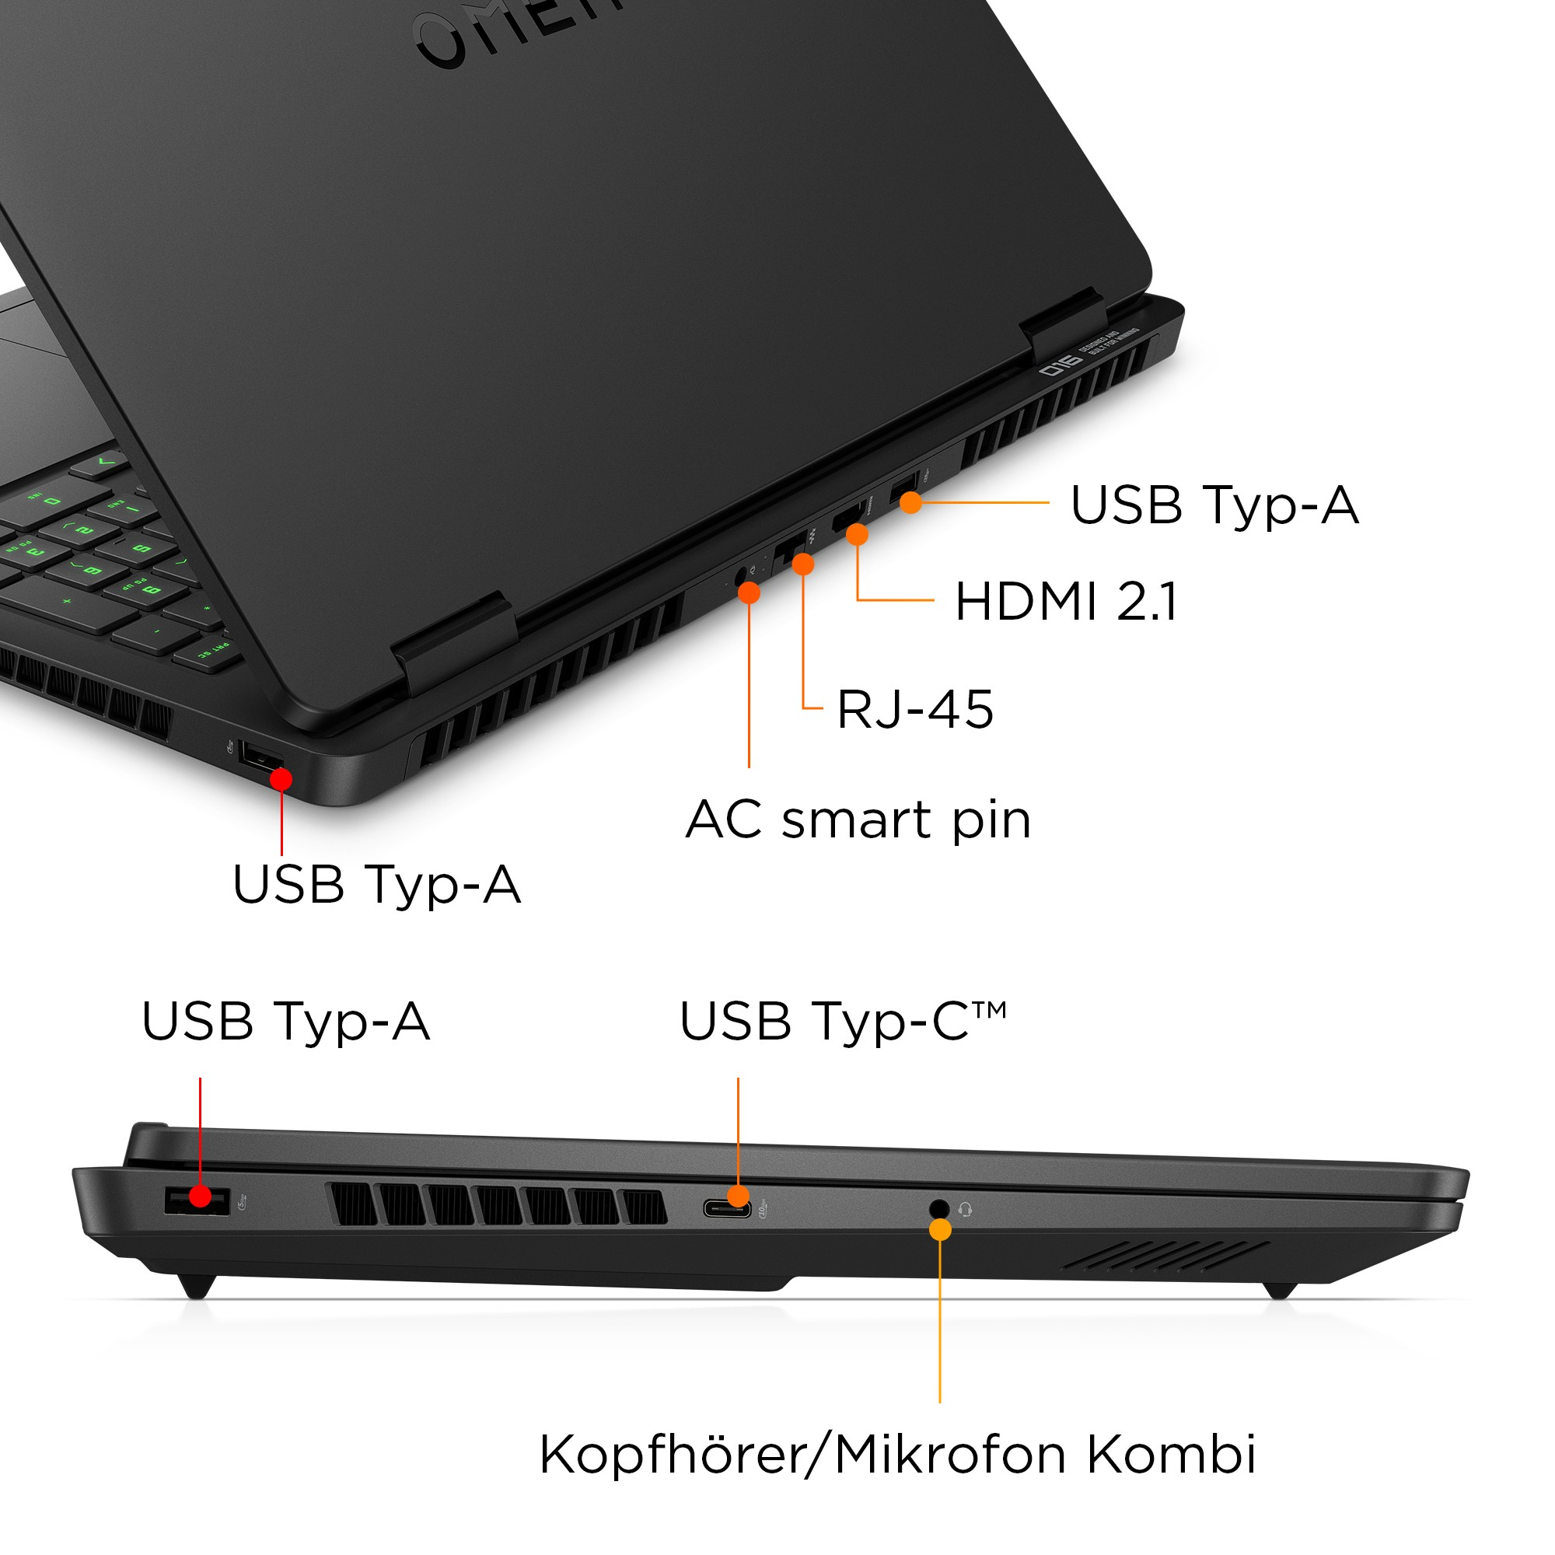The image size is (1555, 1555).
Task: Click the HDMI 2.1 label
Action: tap(1066, 602)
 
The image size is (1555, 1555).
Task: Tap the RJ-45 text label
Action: tap(915, 710)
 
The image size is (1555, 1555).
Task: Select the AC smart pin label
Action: tap(858, 820)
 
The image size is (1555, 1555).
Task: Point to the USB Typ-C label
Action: tap(842, 1022)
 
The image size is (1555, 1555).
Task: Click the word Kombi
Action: tap(1171, 1455)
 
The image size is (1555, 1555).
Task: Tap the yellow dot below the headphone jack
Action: tap(940, 1230)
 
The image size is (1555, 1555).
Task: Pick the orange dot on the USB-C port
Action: tap(738, 1196)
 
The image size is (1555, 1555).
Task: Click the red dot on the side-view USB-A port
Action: tap(201, 1197)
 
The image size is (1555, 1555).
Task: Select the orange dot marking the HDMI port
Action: tap(857, 534)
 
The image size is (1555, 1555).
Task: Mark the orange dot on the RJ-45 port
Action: tap(802, 564)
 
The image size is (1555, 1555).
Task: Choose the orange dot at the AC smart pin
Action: tap(750, 593)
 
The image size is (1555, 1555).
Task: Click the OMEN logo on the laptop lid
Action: tap(515, 32)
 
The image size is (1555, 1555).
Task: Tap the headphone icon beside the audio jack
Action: tap(966, 1210)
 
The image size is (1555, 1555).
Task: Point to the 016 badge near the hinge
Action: tap(1061, 367)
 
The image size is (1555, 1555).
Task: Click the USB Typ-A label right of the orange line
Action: tap(1214, 505)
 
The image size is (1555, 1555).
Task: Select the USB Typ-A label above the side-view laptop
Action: tap(285, 1022)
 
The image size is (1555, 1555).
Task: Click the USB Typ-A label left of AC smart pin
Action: tap(376, 885)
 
